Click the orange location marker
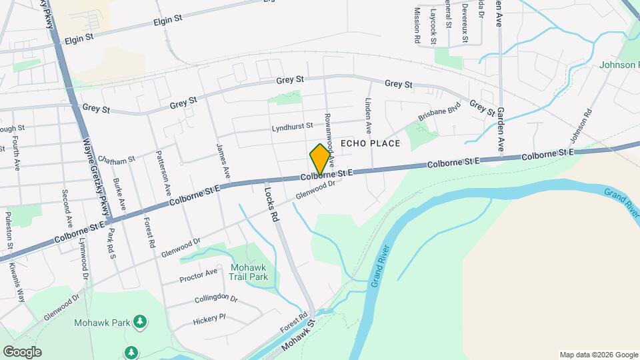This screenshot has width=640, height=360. pyautogui.click(x=320, y=159)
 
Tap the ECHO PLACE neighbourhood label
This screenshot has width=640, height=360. pyautogui.click(x=370, y=143)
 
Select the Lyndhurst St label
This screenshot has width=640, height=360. pyautogui.click(x=292, y=126)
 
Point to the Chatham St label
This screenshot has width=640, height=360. pyautogui.click(x=116, y=159)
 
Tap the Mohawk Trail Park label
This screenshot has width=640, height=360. pyautogui.click(x=249, y=271)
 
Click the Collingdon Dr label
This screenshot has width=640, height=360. pyautogui.click(x=216, y=297)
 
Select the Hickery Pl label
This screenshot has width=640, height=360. pyautogui.click(x=209, y=320)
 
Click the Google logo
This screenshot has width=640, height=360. pyautogui.click(x=22, y=352)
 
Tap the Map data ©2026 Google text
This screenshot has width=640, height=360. pyautogui.click(x=598, y=355)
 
